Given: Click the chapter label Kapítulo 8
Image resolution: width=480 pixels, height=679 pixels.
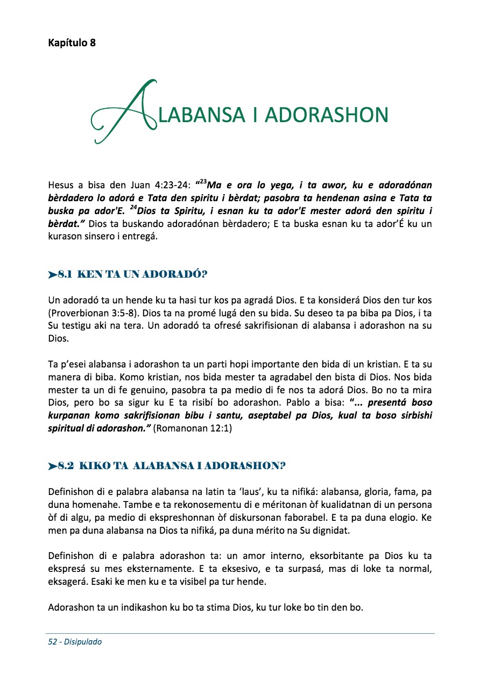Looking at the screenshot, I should point(72,43).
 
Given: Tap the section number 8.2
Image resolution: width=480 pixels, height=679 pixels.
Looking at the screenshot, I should point(66,466).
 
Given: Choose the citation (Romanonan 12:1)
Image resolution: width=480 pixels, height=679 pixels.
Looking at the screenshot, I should point(193,429).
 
